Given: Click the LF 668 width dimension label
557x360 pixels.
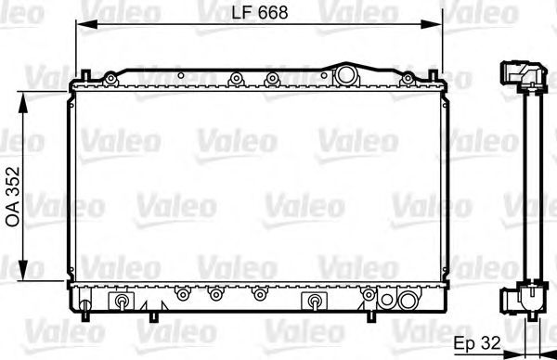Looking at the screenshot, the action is coord(260,12).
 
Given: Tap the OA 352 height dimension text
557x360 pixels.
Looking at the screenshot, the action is coord(14,197).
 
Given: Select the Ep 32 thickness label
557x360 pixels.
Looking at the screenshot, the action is coord(477,343).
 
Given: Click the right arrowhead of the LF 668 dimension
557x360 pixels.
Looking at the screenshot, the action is coord(432,24).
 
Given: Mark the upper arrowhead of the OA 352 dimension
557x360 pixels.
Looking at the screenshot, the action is coord(22,102).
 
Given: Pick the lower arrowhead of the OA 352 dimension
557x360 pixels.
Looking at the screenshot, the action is coord(22,271).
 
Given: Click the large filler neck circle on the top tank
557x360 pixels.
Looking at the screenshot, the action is coord(346,74).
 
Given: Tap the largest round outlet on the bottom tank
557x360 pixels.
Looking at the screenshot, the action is coord(408,301).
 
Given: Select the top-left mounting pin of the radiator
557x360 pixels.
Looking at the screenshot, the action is coord(86,74).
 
